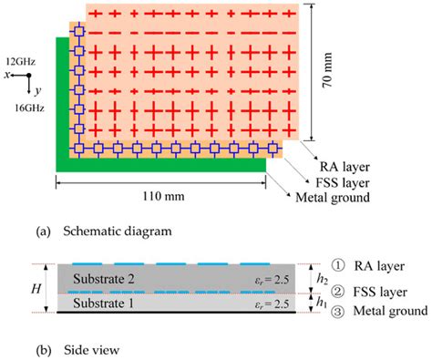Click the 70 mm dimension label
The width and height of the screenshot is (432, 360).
tap(327, 70)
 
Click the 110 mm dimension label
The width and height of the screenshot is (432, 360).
tap(163, 196)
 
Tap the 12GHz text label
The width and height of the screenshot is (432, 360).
tap(21, 62)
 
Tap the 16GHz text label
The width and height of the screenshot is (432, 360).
tap(29, 108)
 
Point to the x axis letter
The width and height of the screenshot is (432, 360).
tap(7, 75)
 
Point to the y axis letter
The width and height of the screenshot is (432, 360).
tap(38, 91)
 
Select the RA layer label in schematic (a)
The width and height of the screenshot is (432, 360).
tap(345, 167)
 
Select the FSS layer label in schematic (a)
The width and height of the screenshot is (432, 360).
tap(343, 183)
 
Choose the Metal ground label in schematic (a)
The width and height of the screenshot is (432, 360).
tap(333, 198)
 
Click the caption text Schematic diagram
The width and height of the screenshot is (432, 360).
tap(118, 231)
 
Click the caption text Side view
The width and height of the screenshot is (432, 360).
tap(91, 350)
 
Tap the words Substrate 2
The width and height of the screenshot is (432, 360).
tap(104, 279)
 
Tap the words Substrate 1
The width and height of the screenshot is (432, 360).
tap(103, 303)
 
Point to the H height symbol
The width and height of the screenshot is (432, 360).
tap(36, 289)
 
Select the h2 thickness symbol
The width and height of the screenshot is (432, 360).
tap(322, 280)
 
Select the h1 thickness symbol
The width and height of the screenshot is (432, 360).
tap(322, 303)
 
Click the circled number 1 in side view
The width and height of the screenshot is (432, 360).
tap(338, 266)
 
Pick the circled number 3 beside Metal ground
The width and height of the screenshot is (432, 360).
tap(338, 312)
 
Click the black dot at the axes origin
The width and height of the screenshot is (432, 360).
tap(29, 75)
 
